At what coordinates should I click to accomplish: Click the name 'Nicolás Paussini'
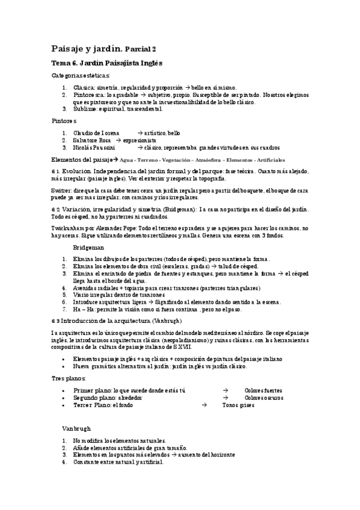click(94, 147)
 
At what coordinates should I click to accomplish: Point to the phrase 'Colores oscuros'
click(264, 398)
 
